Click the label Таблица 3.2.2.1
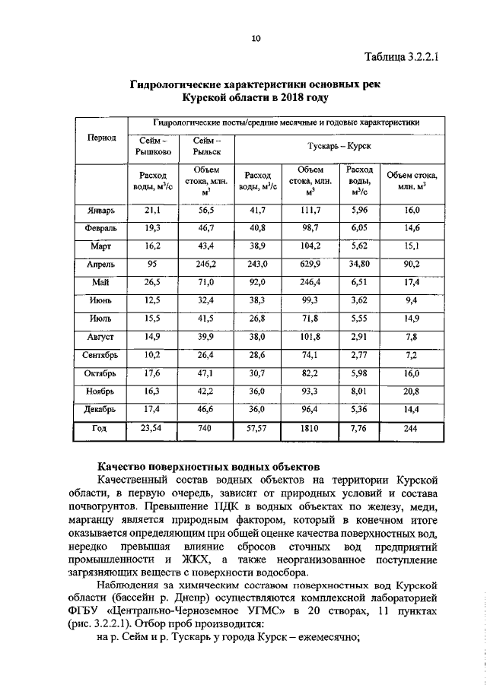click(403, 57)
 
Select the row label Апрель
click(100, 264)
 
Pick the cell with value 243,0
click(257, 264)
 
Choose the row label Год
click(100, 430)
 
